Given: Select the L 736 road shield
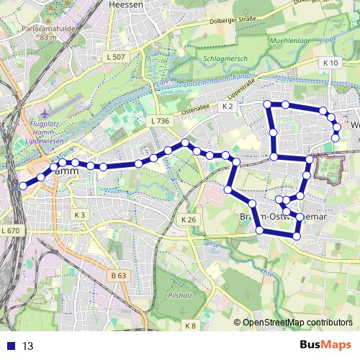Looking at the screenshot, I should point(160,121).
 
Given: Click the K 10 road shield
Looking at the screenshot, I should point(330,63).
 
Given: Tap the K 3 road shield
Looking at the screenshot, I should point(80,215).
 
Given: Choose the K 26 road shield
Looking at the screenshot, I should point(189,219).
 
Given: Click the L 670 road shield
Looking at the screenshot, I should point(11,230).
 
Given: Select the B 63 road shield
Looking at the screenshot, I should point(119,275).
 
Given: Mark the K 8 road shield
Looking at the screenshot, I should point(190,326).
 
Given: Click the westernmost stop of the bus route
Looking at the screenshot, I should point(22,186).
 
